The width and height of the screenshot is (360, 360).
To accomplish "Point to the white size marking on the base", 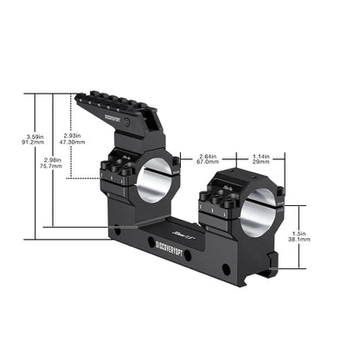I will [184, 235].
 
